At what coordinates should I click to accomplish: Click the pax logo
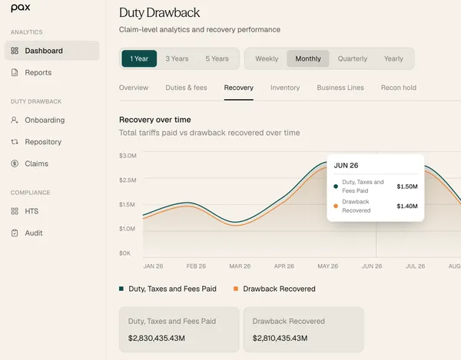click(20, 8)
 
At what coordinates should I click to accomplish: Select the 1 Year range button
click(139, 59)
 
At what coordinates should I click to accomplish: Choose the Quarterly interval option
click(352, 59)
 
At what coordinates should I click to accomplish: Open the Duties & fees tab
click(186, 88)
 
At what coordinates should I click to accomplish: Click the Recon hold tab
click(398, 88)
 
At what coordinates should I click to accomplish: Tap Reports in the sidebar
click(38, 72)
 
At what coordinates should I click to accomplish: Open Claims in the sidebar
click(36, 163)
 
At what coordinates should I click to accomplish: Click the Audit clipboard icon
click(15, 233)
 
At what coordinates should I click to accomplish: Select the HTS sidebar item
click(32, 211)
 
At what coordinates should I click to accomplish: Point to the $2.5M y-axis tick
click(128, 180)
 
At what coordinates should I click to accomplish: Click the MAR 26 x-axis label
click(240, 266)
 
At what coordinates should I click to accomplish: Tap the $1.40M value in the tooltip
click(407, 206)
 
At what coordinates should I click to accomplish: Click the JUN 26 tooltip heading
click(346, 165)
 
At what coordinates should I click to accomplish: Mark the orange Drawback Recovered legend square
click(236, 289)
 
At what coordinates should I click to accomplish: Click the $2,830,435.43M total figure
click(157, 339)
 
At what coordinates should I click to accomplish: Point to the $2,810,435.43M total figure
click(280, 339)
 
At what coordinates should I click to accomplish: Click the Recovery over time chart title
click(155, 120)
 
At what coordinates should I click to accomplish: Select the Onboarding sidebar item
click(45, 120)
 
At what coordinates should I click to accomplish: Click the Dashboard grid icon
click(15, 51)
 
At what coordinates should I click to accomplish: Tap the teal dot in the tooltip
click(336, 187)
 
